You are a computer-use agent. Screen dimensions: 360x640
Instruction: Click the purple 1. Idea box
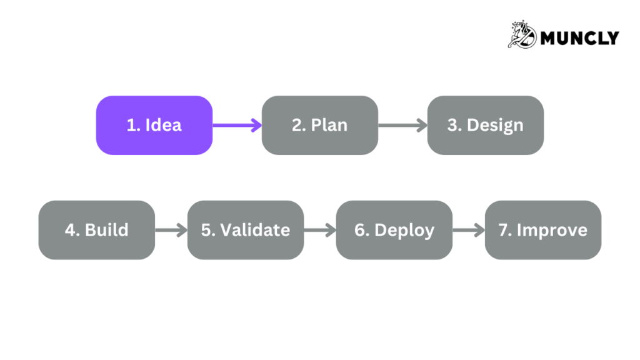pyautogui.click(x=154, y=125)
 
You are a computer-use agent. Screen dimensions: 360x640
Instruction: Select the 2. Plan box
pyautogui.click(x=319, y=125)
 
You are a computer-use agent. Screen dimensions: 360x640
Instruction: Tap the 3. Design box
pyautogui.click(x=485, y=125)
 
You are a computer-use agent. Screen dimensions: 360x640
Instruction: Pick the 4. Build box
pyautogui.click(x=96, y=229)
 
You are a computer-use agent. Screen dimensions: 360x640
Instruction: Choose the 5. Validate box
pyautogui.click(x=245, y=229)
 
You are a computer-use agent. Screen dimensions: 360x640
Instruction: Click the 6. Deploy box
pyautogui.click(x=394, y=229)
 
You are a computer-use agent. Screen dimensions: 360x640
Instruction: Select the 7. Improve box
pyautogui.click(x=542, y=229)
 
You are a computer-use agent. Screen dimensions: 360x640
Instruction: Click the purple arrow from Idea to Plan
pyautogui.click(x=237, y=125)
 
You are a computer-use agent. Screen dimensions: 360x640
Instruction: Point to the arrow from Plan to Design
pyautogui.click(x=402, y=125)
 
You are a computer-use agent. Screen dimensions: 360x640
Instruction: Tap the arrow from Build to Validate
pyautogui.click(x=171, y=230)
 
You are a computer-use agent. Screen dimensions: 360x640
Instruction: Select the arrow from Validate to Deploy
pyautogui.click(x=319, y=230)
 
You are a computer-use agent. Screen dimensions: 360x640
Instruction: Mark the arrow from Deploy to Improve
pyautogui.click(x=468, y=230)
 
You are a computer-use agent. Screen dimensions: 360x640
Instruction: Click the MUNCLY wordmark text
pyautogui.click(x=579, y=38)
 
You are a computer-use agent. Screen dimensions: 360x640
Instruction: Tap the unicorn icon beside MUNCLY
pyautogui.click(x=522, y=34)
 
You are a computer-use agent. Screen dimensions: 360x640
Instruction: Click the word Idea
pyautogui.click(x=163, y=125)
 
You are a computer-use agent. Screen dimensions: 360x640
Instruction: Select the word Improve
pyautogui.click(x=552, y=230)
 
